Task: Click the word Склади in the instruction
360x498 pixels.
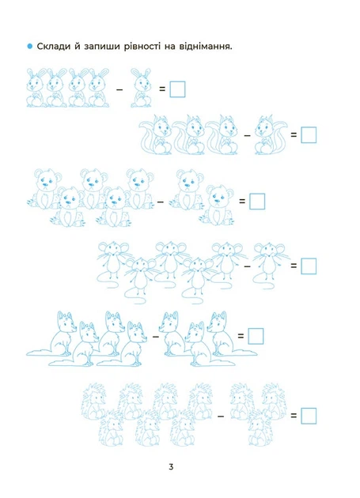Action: (53, 47)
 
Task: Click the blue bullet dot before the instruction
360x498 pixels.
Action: (30, 47)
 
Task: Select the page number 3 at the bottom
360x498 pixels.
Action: (171, 467)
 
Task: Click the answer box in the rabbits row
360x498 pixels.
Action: (177, 89)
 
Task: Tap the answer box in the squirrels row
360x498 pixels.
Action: (309, 135)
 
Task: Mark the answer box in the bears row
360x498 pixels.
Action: (257, 202)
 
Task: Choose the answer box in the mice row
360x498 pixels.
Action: (309, 266)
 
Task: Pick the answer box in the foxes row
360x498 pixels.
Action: (256, 336)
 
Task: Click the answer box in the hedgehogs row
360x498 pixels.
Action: (309, 416)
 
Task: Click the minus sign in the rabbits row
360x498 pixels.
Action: (119, 90)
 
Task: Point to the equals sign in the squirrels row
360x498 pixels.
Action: (294, 134)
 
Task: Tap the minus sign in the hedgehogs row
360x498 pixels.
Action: (221, 416)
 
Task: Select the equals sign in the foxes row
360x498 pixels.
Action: (241, 336)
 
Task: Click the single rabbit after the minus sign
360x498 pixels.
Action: (141, 88)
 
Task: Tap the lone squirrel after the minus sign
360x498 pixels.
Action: (271, 135)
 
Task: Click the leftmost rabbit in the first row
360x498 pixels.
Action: (35, 88)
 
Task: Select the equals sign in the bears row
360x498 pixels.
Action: (242, 201)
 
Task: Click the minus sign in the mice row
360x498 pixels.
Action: (247, 266)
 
